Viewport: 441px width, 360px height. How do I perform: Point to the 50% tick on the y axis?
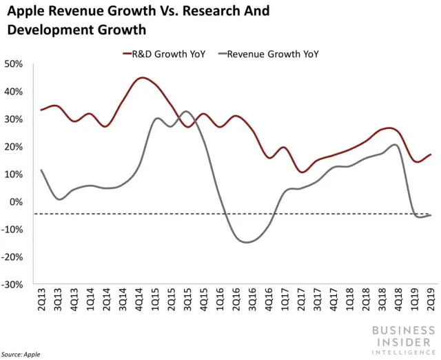(14, 64)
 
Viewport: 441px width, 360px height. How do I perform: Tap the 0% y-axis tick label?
(17, 202)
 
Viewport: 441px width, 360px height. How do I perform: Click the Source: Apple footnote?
(21, 354)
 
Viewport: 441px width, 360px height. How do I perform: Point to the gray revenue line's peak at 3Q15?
(188, 111)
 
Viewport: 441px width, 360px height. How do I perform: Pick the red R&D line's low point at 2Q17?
(302, 172)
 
